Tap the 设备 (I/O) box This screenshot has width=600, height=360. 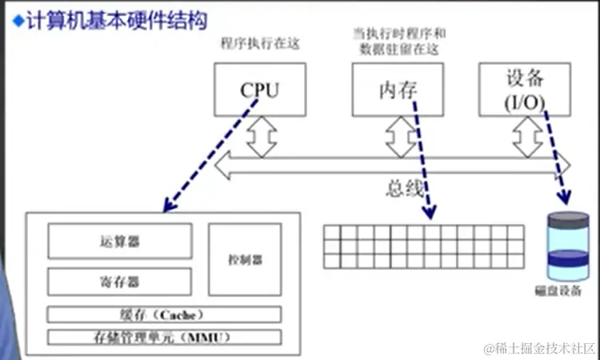click(x=525, y=89)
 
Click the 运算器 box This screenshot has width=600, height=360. click(x=120, y=241)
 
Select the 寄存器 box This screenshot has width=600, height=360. click(x=120, y=282)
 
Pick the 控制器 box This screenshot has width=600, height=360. click(x=245, y=260)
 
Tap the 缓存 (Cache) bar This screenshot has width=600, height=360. click(x=164, y=313)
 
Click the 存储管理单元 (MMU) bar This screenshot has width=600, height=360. click(x=164, y=336)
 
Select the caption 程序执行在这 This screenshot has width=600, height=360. click(x=260, y=45)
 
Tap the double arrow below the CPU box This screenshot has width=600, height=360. click(x=261, y=137)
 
